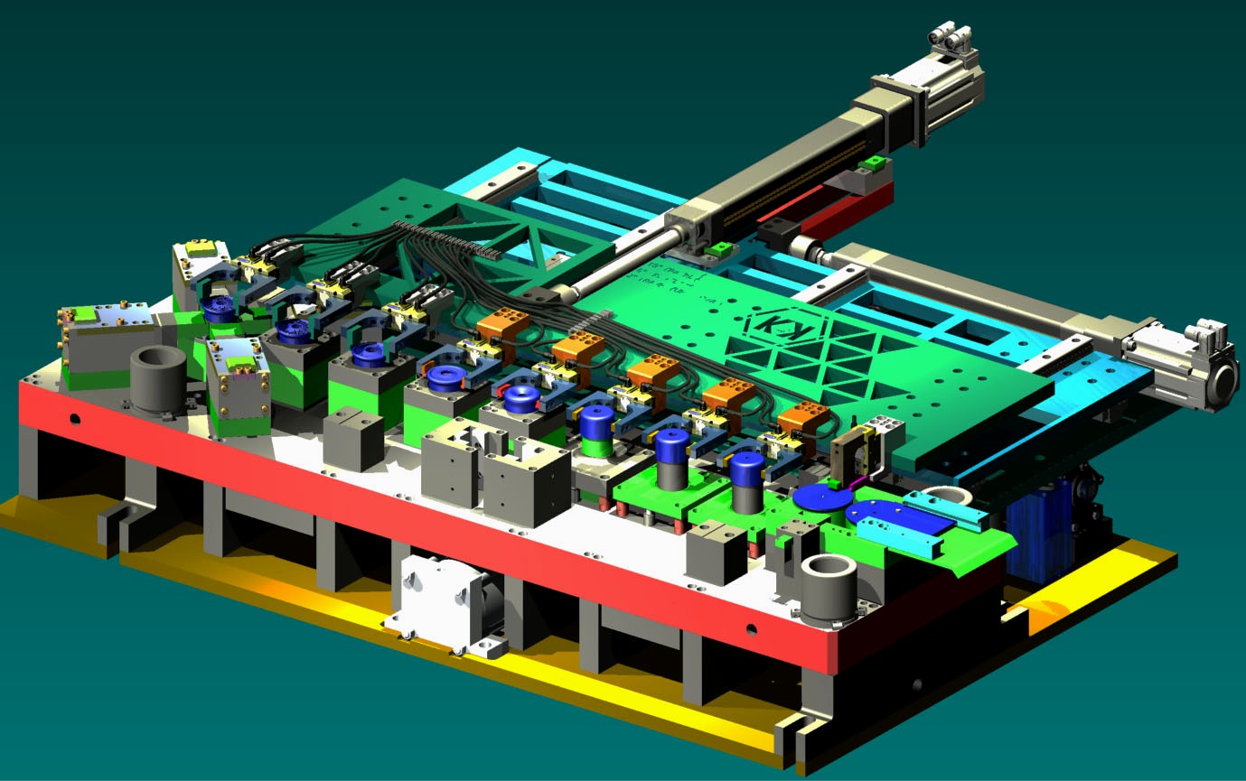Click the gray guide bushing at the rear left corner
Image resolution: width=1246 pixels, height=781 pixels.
coord(158,377)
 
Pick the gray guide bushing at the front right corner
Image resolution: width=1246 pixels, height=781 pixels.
coord(829,590)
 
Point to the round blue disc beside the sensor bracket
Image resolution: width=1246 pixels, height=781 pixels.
coord(817,497)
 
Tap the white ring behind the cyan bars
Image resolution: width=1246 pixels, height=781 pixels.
coord(944,495)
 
